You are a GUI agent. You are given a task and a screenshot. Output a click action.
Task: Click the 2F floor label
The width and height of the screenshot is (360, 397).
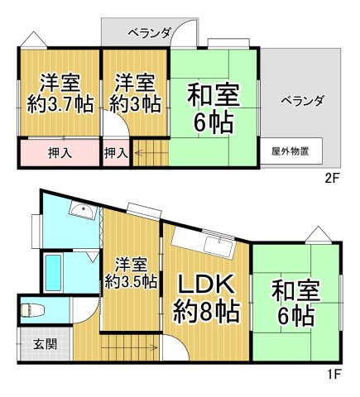[332, 177]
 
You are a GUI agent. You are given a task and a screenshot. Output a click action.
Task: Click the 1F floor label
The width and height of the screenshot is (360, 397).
[332, 373]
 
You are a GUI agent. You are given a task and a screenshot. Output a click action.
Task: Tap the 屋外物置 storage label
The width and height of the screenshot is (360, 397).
[290, 151]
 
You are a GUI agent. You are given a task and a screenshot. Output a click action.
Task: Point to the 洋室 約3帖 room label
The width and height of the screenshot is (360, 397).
[135, 93]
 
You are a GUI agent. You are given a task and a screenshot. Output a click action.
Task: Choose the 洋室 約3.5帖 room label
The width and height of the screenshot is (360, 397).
[131, 272]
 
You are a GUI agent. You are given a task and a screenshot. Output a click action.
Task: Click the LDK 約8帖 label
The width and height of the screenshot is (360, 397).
[206, 299]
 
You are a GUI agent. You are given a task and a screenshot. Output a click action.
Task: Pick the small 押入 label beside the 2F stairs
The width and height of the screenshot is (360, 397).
[115, 153]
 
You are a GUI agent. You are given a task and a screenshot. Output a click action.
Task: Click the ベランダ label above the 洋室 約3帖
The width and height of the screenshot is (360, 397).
[149, 33]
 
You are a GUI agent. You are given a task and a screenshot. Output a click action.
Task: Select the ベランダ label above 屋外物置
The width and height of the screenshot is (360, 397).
[301, 101]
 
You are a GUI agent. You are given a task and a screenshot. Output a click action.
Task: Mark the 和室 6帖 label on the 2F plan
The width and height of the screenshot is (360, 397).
[213, 108]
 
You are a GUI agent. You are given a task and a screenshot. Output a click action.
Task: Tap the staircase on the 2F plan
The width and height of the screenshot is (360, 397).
[150, 153]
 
